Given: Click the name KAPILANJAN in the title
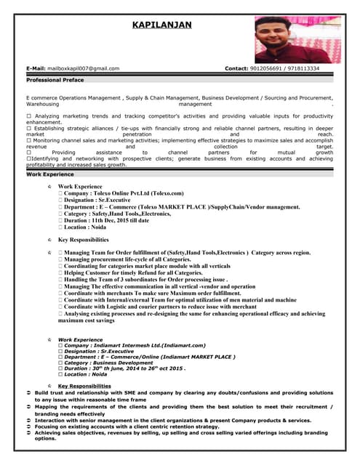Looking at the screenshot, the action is coord(162,25).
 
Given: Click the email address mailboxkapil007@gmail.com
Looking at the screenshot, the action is coord(82,68).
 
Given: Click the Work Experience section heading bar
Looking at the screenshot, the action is coord(50,174).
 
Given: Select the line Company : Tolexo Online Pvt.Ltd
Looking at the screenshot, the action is coord(124,194).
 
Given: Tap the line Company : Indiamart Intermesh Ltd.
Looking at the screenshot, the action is coord(135,346).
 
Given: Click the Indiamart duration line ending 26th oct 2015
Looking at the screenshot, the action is coord(124,368).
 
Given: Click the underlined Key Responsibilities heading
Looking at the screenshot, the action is coord(84,386).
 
